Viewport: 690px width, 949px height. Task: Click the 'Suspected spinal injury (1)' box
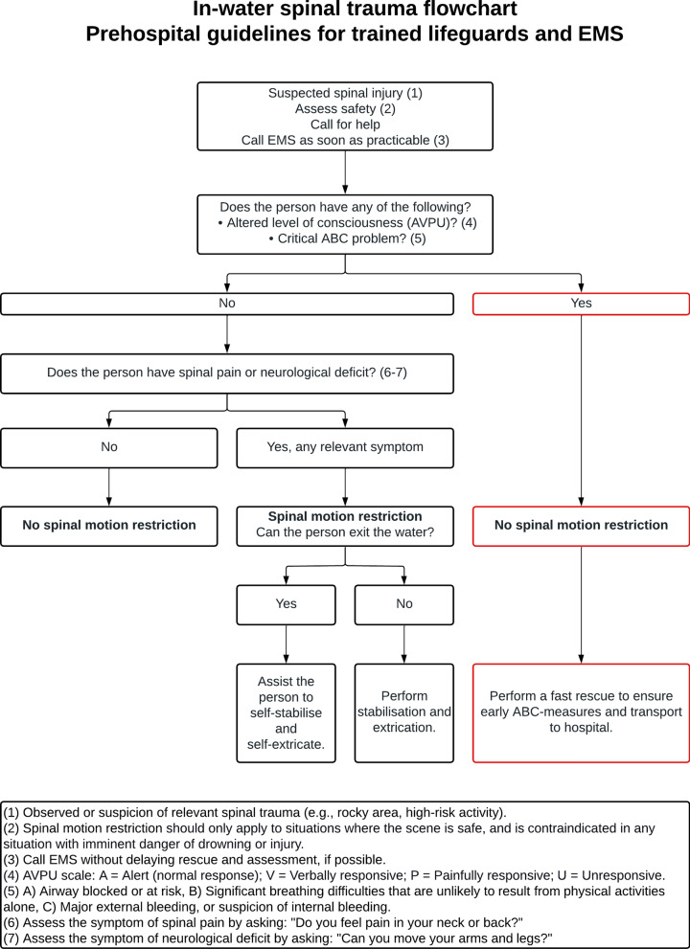(x=345, y=116)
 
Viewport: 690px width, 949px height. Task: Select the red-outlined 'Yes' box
(x=581, y=304)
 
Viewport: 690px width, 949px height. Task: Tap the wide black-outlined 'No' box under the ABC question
(x=226, y=304)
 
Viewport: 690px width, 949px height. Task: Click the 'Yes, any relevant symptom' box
(x=345, y=448)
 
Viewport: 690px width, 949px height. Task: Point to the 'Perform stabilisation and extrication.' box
(x=404, y=712)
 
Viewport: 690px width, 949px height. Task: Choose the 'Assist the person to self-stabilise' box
(x=286, y=712)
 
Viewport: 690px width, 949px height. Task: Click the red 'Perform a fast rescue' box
(x=581, y=712)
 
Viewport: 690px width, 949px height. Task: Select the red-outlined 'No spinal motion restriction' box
(x=581, y=526)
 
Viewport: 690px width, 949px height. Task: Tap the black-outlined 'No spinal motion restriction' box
(x=109, y=526)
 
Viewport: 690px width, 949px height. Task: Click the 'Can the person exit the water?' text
(x=345, y=532)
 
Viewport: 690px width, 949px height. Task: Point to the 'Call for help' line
(x=345, y=124)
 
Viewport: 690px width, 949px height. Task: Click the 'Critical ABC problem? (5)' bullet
(x=348, y=238)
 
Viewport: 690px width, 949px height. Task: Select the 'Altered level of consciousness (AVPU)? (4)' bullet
(x=348, y=223)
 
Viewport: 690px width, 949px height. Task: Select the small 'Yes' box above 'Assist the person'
(x=286, y=604)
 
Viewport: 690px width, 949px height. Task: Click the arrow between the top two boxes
(x=345, y=172)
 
